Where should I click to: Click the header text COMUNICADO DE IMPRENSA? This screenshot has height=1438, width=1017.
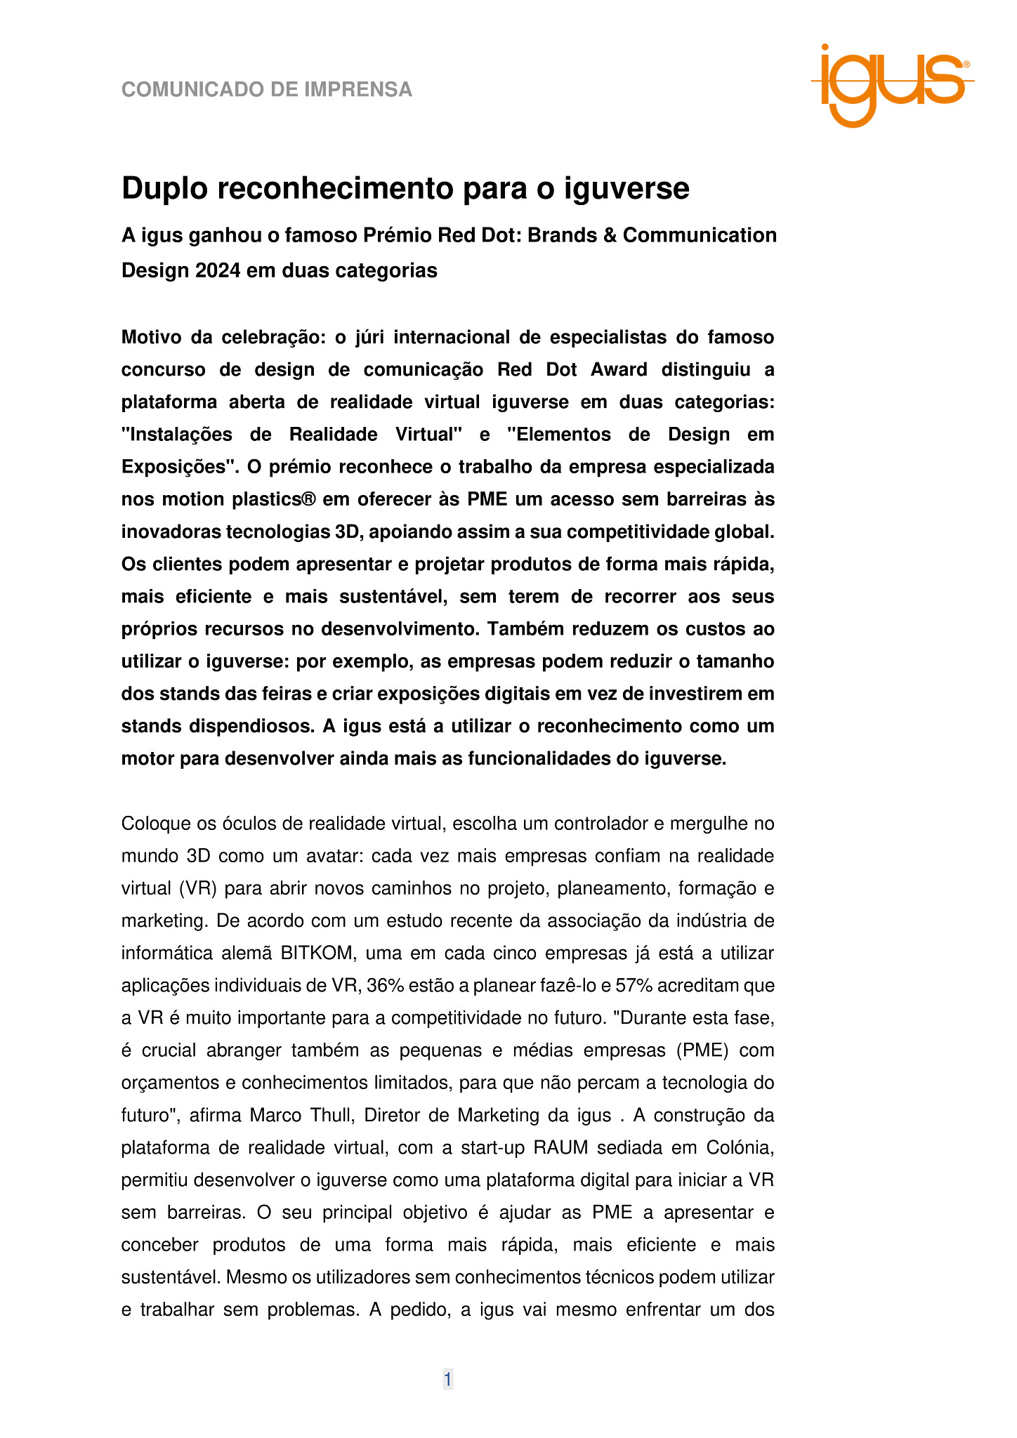pyautogui.click(x=267, y=90)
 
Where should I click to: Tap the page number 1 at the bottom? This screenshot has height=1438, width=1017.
pyautogui.click(x=447, y=1380)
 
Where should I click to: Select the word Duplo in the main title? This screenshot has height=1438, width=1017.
pyautogui.click(x=164, y=189)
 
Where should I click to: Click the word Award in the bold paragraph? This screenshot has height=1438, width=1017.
pyautogui.click(x=619, y=370)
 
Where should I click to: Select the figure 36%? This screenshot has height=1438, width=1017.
pyautogui.click(x=385, y=986)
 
